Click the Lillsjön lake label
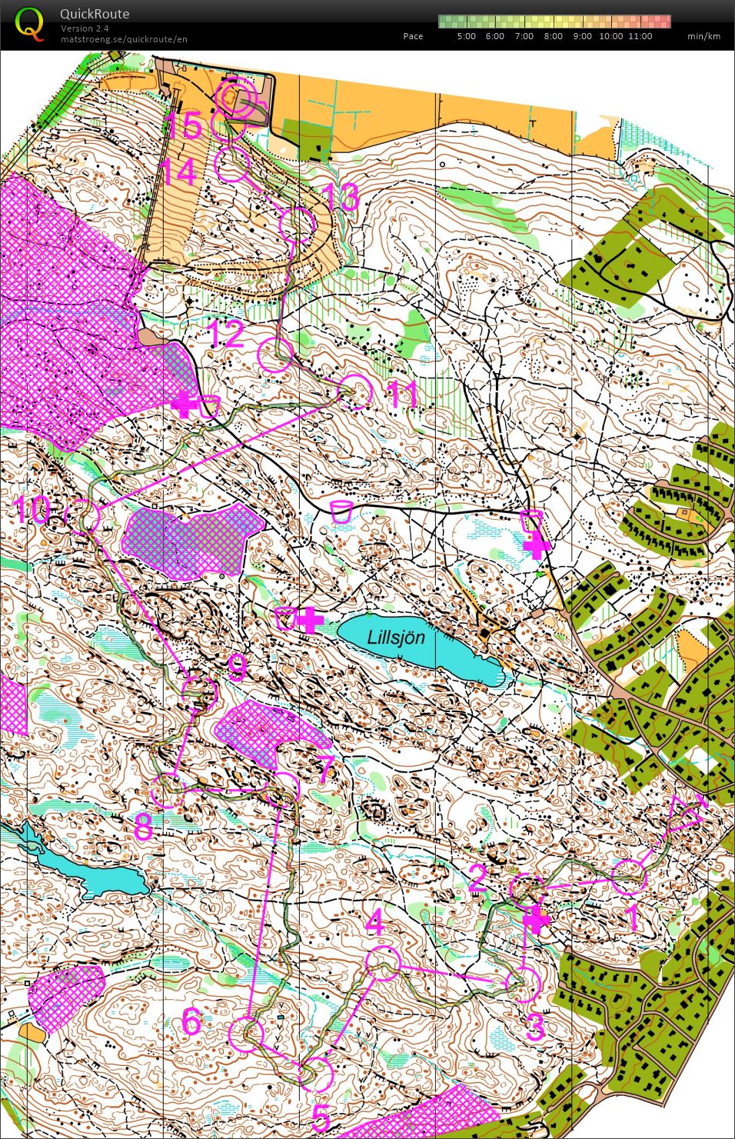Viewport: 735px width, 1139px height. pos(396,638)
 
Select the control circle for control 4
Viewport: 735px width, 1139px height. pos(383,964)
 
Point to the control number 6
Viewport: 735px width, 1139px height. pos(191,1021)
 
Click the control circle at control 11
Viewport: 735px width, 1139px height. pos(356,391)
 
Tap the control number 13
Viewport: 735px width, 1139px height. pos(341,197)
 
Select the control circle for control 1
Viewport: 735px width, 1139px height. pos(629,877)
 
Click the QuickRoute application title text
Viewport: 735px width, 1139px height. pos(95,14)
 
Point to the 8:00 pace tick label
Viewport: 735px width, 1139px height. pos(553,36)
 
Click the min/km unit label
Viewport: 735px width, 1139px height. pos(703,36)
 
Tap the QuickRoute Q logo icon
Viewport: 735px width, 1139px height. pos(29,23)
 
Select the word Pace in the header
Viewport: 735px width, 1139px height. pos(413,36)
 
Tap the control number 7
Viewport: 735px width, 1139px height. pos(325,769)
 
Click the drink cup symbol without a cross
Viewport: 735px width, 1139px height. pos(341,511)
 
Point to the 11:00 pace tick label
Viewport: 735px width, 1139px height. pos(640,36)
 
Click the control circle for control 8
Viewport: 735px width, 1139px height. pos(167,792)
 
